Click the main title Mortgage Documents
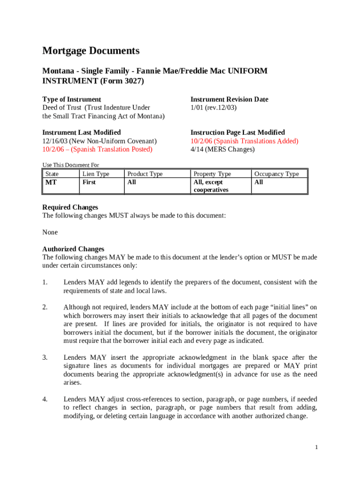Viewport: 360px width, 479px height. click(x=91, y=51)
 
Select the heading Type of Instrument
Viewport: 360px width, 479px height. click(x=72, y=99)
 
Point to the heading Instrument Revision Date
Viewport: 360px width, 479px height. click(x=229, y=99)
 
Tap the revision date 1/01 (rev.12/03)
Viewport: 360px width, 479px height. click(x=214, y=108)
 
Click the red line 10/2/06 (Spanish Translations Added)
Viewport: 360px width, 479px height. click(x=244, y=141)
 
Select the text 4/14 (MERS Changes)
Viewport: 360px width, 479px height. click(x=223, y=149)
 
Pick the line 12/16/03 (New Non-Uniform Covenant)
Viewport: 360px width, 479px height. click(x=100, y=141)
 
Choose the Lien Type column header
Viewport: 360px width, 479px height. click(x=95, y=174)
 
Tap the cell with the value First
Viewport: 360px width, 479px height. click(x=89, y=182)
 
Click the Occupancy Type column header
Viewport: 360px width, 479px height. click(x=276, y=174)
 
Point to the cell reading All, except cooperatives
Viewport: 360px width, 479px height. click(x=211, y=186)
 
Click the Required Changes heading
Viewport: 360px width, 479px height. click(x=70, y=207)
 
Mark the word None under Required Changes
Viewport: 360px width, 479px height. click(x=50, y=232)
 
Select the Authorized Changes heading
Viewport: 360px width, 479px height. click(x=73, y=249)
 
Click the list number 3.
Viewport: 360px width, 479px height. click(x=45, y=357)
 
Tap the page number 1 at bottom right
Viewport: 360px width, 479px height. click(x=316, y=448)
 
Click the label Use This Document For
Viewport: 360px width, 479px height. click(x=71, y=165)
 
